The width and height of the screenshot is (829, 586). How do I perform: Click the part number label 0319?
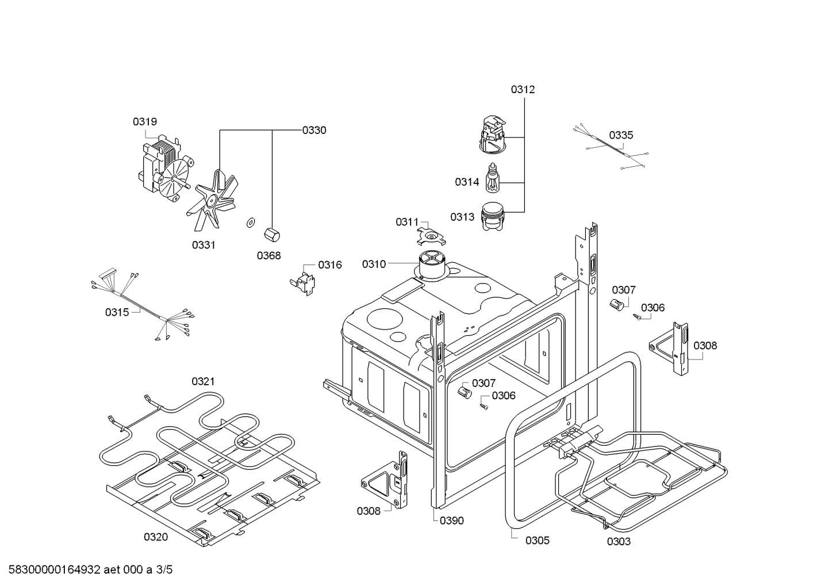145,122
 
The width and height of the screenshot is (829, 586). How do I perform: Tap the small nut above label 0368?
271,235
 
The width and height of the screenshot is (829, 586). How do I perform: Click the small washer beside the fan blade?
250,222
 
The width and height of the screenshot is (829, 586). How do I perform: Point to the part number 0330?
314,131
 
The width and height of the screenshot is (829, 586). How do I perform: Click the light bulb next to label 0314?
493,179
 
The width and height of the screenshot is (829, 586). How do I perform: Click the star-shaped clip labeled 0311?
431,235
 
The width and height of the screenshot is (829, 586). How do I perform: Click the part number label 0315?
117,312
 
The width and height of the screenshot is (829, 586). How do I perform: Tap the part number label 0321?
203,381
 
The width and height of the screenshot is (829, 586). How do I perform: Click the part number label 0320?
156,537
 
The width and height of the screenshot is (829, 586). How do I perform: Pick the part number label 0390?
452,521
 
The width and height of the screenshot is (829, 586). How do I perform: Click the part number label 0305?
537,541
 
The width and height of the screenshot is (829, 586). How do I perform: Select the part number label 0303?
619,542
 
